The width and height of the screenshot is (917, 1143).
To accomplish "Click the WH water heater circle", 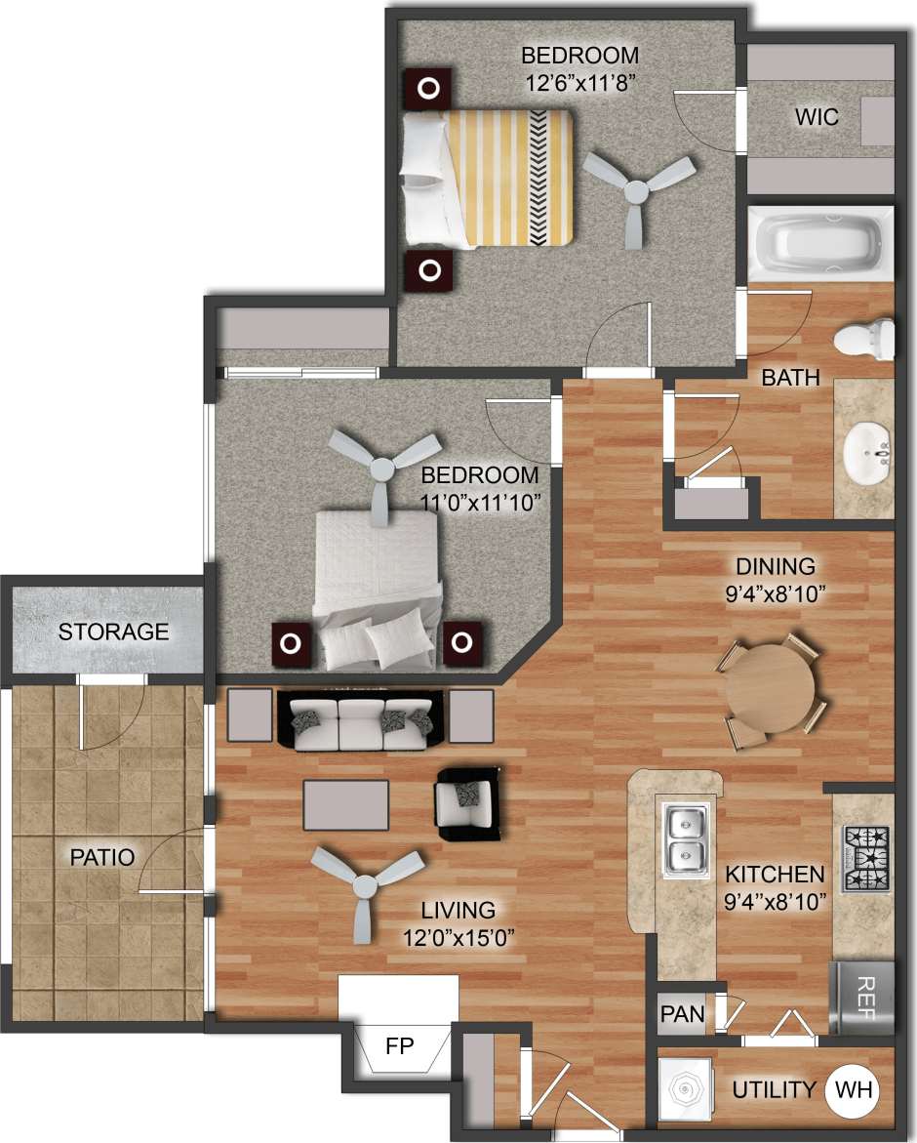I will click(x=855, y=1089).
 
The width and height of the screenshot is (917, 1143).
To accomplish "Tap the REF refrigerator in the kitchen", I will click(x=861, y=997).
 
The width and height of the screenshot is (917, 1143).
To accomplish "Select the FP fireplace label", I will click(x=400, y=1047).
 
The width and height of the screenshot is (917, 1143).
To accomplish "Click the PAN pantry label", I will click(x=683, y=1014).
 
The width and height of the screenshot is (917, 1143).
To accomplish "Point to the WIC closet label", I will click(x=816, y=117).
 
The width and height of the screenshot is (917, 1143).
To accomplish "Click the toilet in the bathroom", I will click(x=865, y=337).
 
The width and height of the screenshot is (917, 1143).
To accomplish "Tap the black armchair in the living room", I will click(x=469, y=803).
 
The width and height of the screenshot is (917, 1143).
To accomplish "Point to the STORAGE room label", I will click(x=113, y=632).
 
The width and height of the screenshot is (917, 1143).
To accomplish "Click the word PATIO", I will click(x=101, y=858).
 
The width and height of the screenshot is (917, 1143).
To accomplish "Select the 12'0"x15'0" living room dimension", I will click(x=458, y=937).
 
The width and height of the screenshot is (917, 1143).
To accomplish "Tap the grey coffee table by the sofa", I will click(x=345, y=804).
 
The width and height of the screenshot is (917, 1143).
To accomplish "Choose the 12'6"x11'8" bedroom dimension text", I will click(x=580, y=82).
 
